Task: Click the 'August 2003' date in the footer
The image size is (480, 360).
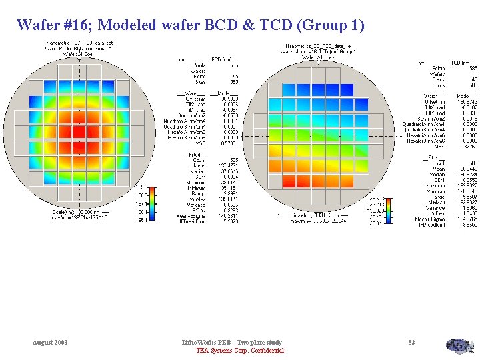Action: coord(50,342)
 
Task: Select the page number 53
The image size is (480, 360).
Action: coord(411,342)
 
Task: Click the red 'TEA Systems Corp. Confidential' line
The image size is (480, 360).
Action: coord(240,351)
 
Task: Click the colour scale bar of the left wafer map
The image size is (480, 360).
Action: coord(151,204)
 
